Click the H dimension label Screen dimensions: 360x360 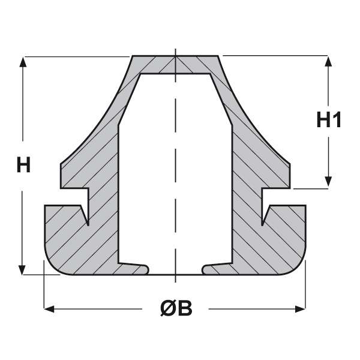click(x=23, y=164)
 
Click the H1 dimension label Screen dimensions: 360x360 click(x=329, y=119)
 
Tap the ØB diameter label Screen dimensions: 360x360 click(x=176, y=308)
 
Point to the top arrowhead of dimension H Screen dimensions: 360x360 click(x=23, y=62)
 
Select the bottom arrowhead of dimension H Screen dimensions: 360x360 click(x=22, y=270)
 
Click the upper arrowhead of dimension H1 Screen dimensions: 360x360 click(x=329, y=61)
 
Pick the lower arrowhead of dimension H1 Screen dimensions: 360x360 click(x=329, y=181)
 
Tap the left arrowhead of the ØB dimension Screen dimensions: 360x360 click(x=49, y=309)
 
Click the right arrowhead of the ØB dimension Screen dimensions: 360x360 click(x=300, y=309)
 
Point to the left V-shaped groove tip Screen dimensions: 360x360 click(x=88, y=224)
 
